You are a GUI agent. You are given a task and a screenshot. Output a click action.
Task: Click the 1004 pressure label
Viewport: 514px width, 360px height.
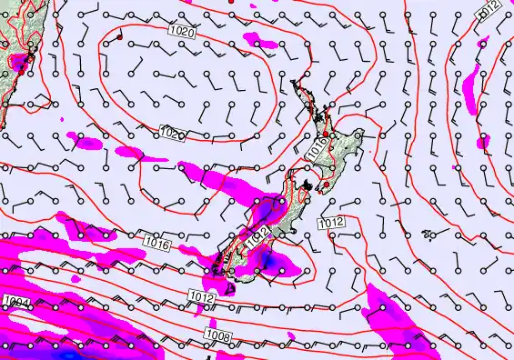pyautogui.click(x=15, y=301)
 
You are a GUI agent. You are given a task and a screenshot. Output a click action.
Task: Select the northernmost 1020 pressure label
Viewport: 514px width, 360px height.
pyautogui.click(x=181, y=32)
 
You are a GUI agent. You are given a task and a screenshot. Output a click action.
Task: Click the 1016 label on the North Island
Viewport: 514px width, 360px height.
pyautogui.click(x=317, y=148)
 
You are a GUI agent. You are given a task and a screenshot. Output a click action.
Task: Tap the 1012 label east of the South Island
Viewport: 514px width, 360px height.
pyautogui.click(x=330, y=223)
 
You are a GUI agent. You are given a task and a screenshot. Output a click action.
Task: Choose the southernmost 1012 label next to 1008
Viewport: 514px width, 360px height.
pyautogui.click(x=202, y=295)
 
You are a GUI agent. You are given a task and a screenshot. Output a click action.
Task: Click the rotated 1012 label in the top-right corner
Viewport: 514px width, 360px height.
pyautogui.click(x=491, y=11)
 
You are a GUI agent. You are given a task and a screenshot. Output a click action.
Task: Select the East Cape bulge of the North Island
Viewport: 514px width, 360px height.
pyautogui.click(x=360, y=134)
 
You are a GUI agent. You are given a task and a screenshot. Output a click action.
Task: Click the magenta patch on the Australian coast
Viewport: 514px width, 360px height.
pyautogui.click(x=16, y=63)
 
